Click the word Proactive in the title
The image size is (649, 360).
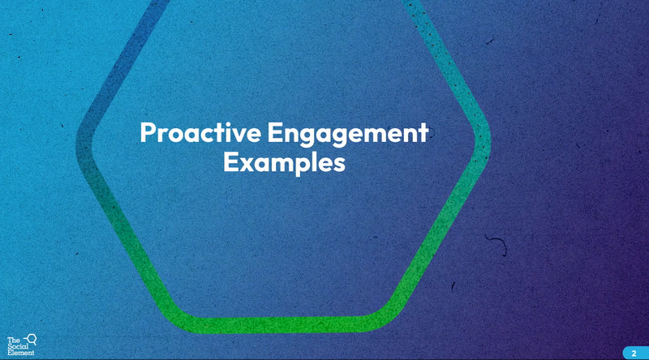pyautogui.click(x=200, y=132)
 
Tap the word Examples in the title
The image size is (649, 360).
pyautogui.click(x=285, y=162)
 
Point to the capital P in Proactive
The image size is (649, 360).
pyautogui.click(x=148, y=132)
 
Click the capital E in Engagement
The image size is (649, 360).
pyautogui.click(x=274, y=132)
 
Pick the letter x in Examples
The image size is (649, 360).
pyautogui.click(x=244, y=165)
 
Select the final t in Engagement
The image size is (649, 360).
pyautogui.click(x=423, y=134)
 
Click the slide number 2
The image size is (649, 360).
pyautogui.click(x=634, y=354)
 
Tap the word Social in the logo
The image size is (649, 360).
pyautogui.click(x=18, y=347)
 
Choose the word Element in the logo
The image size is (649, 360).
pyautogui.click(x=21, y=353)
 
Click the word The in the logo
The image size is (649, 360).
pyautogui.click(x=13, y=341)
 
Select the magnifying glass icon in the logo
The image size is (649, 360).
pyautogui.click(x=31, y=339)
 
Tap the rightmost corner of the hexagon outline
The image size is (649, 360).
pyautogui.click(x=483, y=141)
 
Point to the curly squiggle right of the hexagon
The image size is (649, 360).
pyautogui.click(x=499, y=244)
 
